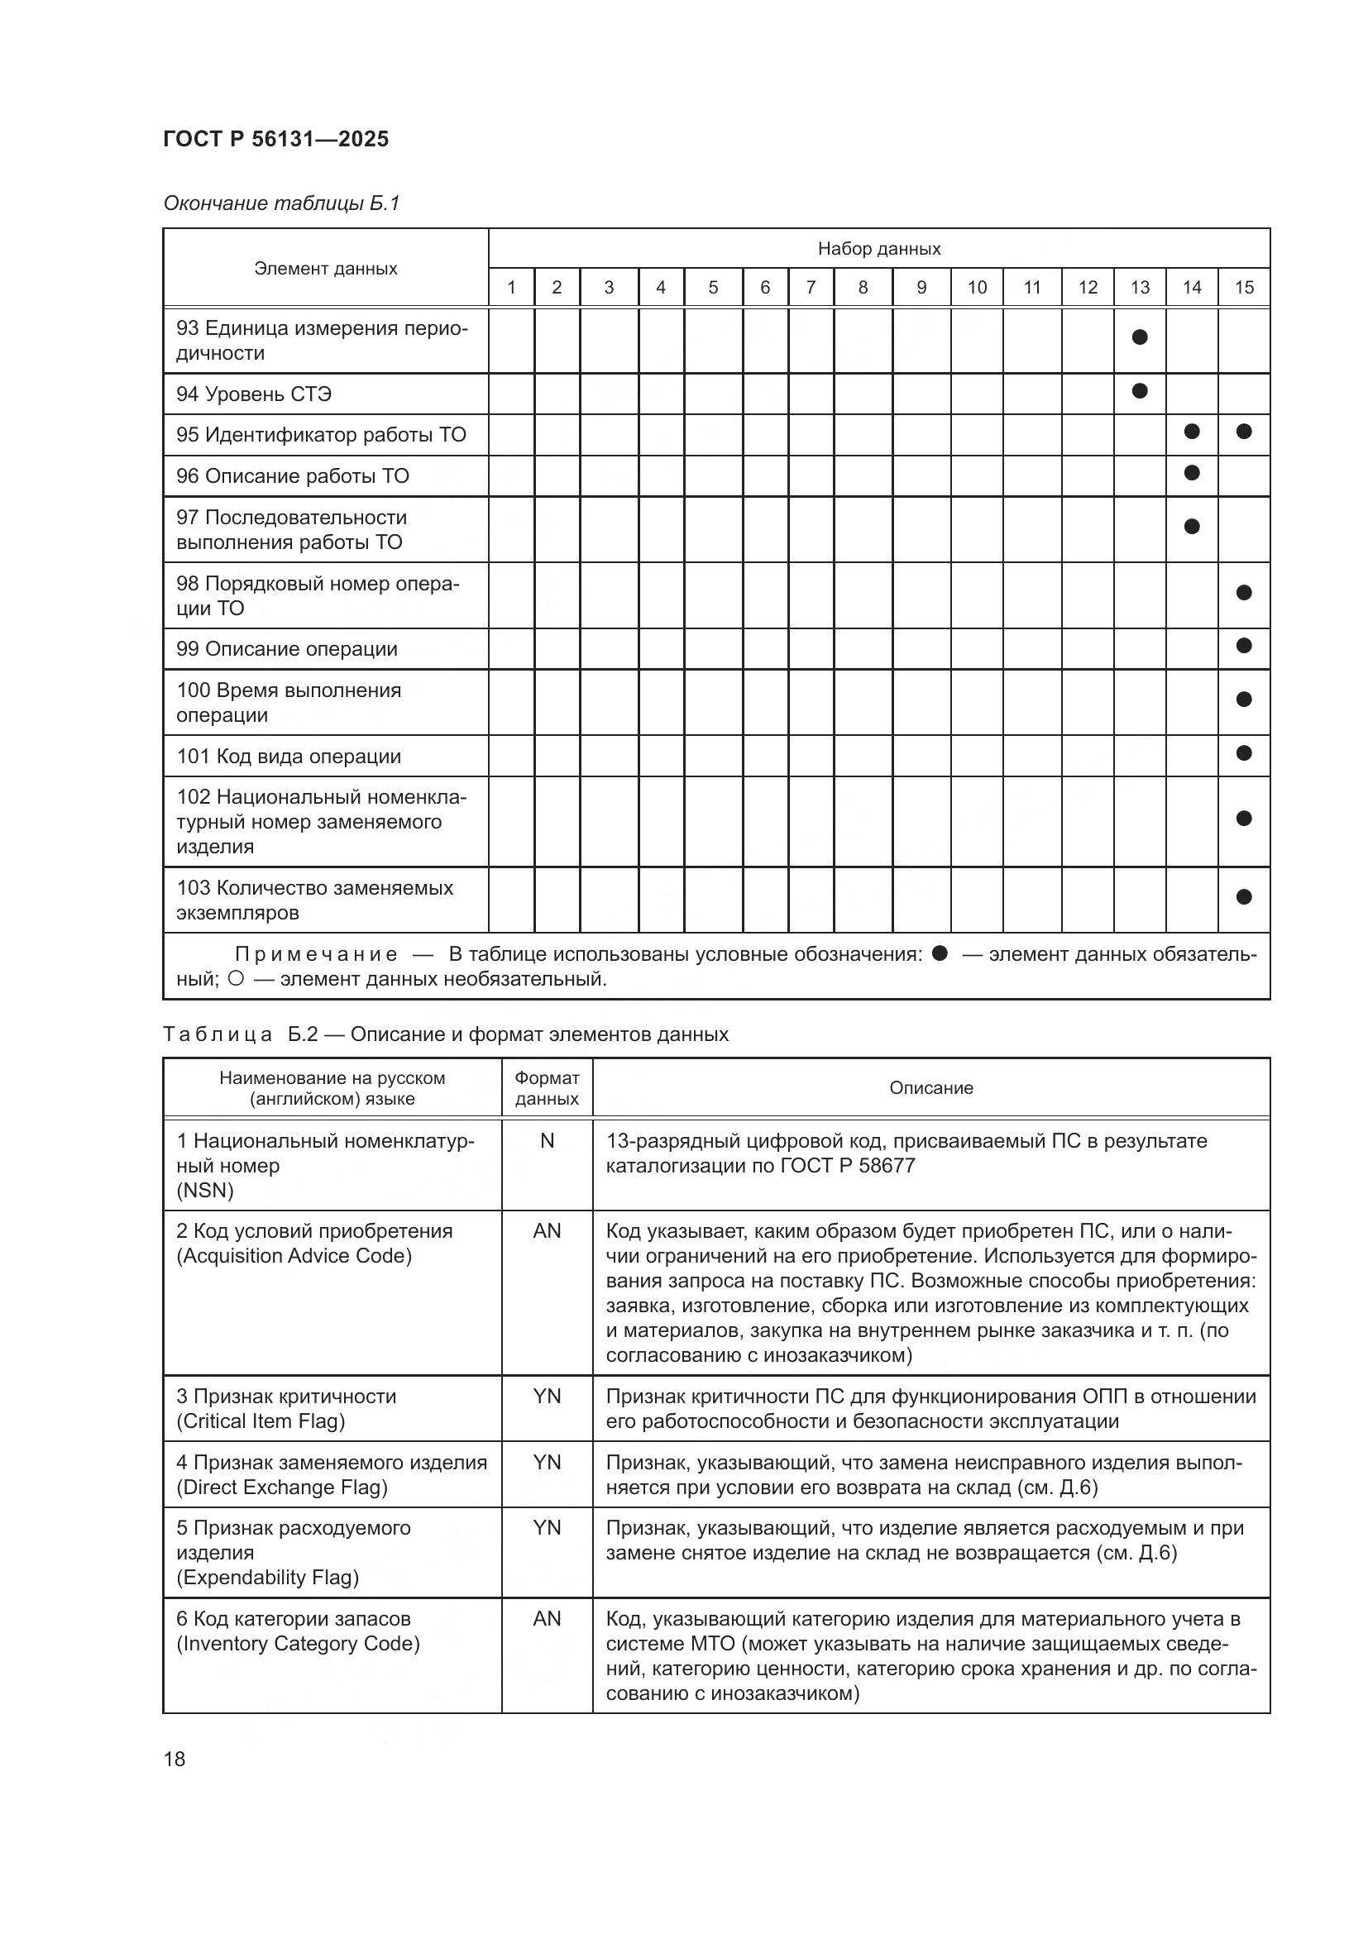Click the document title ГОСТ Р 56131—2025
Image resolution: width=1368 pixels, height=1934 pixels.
pos(275,139)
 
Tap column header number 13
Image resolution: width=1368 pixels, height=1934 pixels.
pos(1139,287)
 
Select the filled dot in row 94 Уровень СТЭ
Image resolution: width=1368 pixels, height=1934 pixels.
pos(1139,391)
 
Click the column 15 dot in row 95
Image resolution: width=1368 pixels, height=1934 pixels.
pos(1243,432)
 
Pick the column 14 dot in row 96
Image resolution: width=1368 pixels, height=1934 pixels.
pos(1191,473)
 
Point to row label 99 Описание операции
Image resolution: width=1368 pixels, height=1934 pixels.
pos(286,648)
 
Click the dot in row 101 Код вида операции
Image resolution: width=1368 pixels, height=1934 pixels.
pos(1243,752)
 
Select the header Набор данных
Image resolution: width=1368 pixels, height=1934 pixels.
pos(878,249)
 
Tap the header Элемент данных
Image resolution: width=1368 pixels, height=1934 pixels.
pos(325,269)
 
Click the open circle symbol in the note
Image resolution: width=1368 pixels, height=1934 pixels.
pos(236,979)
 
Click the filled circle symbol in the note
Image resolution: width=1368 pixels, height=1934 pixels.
pos(940,953)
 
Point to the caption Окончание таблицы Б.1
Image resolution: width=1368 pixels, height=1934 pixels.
pos(281,203)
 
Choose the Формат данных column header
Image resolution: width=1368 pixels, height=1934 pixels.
pos(547,1088)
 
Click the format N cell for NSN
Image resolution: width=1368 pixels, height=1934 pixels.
pos(547,1140)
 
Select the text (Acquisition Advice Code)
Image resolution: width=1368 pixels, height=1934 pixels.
pos(294,1256)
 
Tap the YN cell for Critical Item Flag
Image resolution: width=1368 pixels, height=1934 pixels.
pos(547,1396)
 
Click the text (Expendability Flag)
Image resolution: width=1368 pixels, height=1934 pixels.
pos(267,1578)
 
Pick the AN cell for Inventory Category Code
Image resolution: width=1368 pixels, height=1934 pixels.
pos(547,1618)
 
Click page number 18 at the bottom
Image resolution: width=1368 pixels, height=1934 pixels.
pos(175,1759)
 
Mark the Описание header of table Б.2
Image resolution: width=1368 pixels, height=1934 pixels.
pos(930,1088)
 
